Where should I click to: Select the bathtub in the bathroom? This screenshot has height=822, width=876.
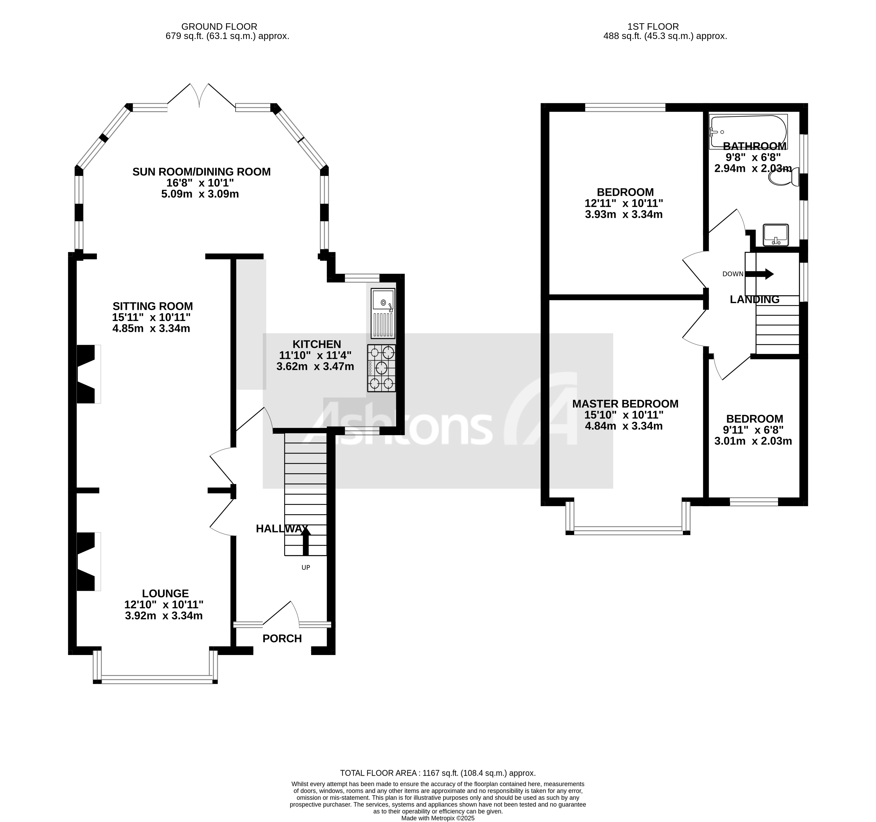pos(748,131)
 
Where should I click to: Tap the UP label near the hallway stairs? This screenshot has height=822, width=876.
pos(306,567)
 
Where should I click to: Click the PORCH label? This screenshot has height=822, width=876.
pos(282,638)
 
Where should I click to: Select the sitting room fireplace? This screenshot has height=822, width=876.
pos(87,374)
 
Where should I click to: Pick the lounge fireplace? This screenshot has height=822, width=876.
pos(87,561)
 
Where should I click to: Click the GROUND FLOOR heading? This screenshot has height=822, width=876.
pos(219,26)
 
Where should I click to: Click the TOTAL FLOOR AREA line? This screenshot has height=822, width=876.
pos(438,773)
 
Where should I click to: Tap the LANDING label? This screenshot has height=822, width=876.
pos(754,299)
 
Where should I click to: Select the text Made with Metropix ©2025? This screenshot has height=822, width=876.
pos(438,818)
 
